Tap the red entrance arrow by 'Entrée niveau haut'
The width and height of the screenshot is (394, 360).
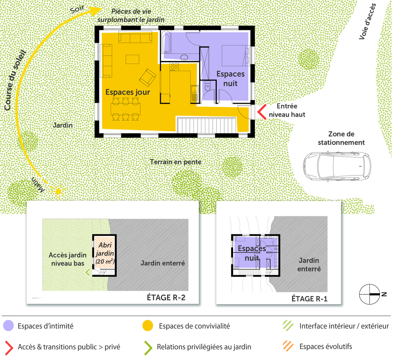261,112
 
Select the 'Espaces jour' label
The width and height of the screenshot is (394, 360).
127,92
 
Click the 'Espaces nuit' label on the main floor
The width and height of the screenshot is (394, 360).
230,78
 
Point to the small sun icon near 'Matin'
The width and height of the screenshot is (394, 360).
58,191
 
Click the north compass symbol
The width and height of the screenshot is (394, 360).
369,294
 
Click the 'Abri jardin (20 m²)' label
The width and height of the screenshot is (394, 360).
104,253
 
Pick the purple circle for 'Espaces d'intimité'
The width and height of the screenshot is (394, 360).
8,326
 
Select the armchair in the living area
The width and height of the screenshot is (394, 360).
148,77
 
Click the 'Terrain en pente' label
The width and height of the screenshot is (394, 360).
176,162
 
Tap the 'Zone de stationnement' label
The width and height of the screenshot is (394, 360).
341,138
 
